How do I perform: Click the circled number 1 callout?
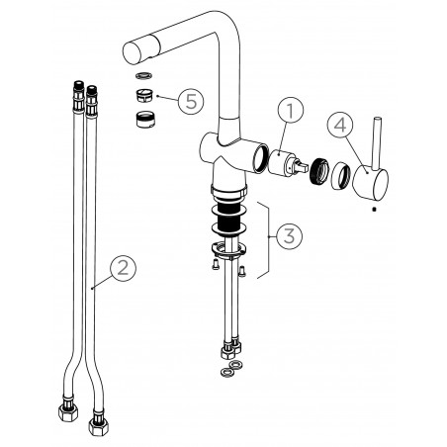[x=290, y=111]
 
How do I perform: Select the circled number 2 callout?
[x=123, y=268]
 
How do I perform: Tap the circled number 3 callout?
[x=289, y=235]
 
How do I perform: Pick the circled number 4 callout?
[x=340, y=126]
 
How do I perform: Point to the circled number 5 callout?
[x=191, y=101]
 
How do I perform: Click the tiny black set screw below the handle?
[x=374, y=209]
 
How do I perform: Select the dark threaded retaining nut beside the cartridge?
[x=319, y=171]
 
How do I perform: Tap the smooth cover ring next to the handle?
[x=341, y=177]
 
